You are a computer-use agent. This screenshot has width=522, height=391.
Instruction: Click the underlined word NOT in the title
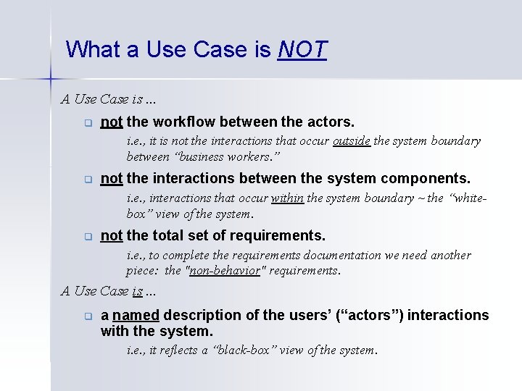(x=302, y=49)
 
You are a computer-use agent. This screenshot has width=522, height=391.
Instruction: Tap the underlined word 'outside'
(x=352, y=141)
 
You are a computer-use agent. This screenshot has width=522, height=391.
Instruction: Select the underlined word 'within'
(x=288, y=198)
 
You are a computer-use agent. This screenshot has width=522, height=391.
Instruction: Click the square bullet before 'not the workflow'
(x=86, y=122)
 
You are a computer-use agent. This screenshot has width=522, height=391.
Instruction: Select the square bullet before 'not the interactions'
(x=86, y=179)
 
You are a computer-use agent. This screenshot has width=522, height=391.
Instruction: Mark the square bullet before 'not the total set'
(x=86, y=236)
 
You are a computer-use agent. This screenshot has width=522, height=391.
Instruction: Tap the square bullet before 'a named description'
(x=86, y=316)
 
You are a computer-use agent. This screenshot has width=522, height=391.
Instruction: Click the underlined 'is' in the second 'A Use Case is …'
(x=136, y=291)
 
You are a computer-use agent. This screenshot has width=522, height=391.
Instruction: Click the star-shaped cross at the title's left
(x=51, y=76)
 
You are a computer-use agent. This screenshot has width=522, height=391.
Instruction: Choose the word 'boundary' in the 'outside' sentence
(x=457, y=141)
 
